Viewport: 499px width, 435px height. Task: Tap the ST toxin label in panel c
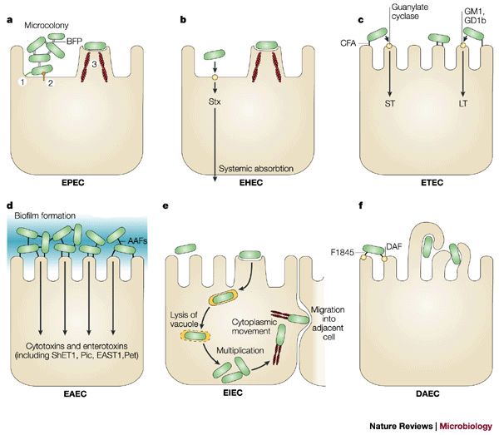[x=388, y=106]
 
